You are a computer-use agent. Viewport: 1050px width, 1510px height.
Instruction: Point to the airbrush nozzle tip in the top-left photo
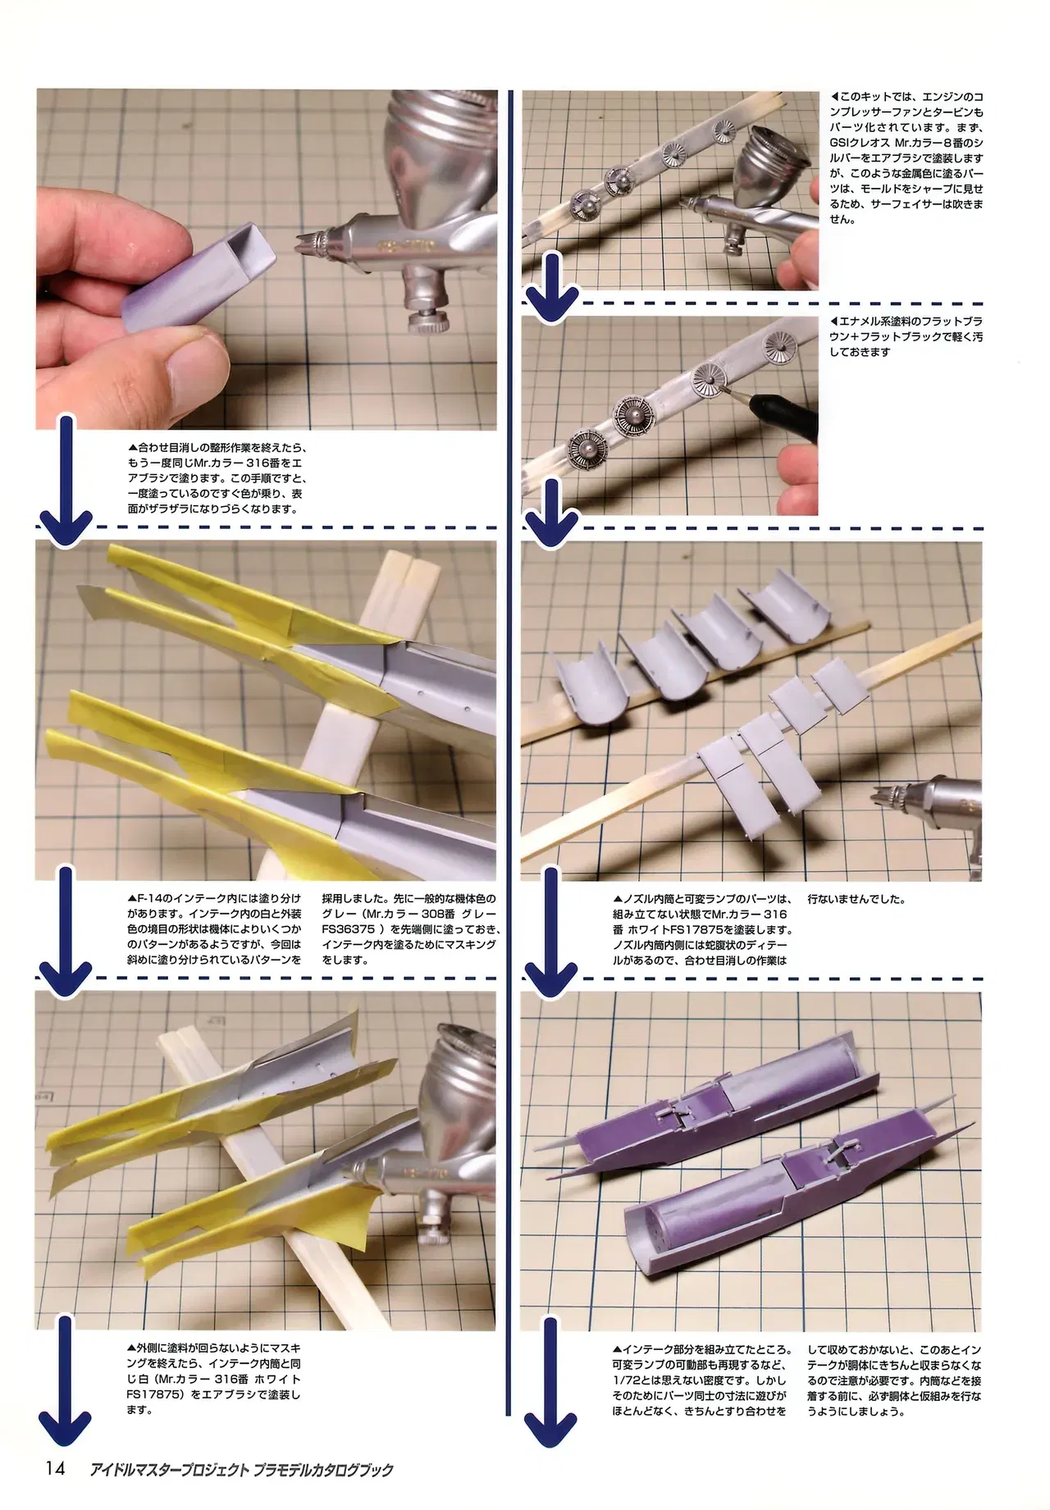tap(303, 241)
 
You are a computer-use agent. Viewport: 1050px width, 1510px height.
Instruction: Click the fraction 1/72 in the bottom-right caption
tap(628, 1380)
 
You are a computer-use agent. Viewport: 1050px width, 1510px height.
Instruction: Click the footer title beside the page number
tap(241, 1469)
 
